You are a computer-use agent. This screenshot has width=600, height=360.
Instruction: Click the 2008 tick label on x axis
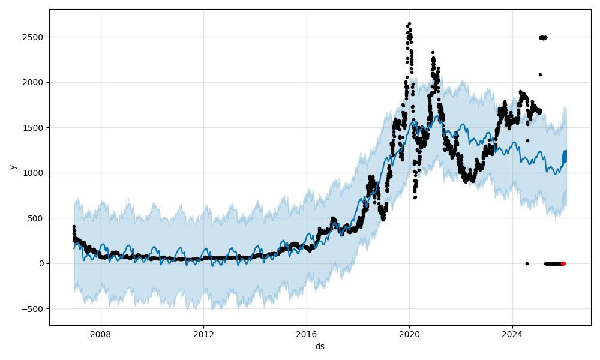(x=101, y=334)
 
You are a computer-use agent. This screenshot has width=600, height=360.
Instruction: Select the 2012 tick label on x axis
(x=203, y=334)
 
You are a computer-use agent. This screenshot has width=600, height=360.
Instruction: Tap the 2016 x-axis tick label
(x=307, y=334)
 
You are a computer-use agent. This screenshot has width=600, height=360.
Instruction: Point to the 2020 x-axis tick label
(x=409, y=334)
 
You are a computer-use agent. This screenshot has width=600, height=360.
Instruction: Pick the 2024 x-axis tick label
(x=512, y=334)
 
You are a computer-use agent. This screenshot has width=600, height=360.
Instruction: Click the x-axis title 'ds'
(x=320, y=346)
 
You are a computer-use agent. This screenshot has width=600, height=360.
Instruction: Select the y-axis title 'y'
(x=12, y=167)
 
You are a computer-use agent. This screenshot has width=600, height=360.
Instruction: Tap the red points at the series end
(x=563, y=263)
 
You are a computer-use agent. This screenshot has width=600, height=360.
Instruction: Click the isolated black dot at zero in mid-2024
(x=527, y=263)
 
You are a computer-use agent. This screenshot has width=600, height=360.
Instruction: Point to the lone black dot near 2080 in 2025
(x=540, y=74)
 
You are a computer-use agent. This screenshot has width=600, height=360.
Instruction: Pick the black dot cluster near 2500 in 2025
(x=543, y=38)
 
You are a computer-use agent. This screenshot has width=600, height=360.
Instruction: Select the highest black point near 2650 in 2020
(x=409, y=24)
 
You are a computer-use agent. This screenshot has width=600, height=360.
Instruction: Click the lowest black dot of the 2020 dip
(x=414, y=197)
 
